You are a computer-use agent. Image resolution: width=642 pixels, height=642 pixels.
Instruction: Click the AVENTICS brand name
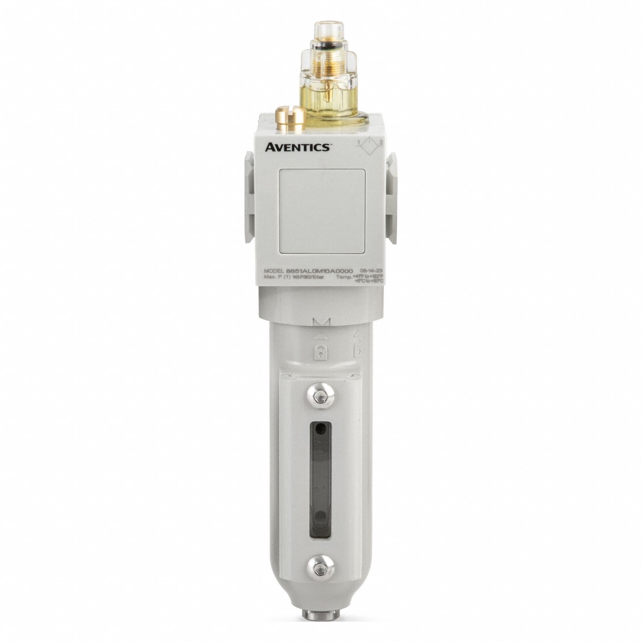click(x=297, y=147)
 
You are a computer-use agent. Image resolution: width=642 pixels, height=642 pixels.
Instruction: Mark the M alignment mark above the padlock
click(x=320, y=323)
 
